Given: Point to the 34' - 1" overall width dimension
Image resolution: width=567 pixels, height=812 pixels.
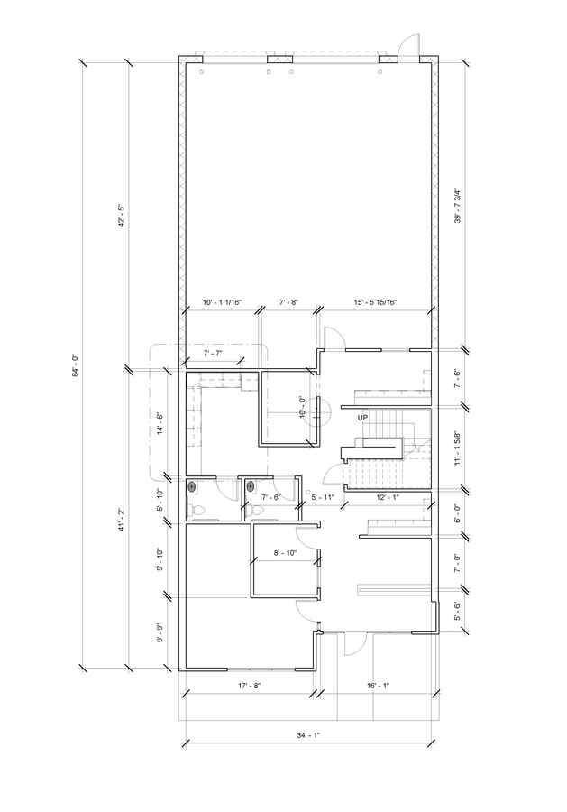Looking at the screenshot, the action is (x=308, y=735).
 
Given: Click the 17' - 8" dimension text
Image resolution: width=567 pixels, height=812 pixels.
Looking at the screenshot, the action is (x=249, y=686).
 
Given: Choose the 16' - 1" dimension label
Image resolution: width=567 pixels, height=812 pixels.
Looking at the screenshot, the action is (x=378, y=686).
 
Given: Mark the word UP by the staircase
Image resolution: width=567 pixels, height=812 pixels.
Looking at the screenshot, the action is (x=362, y=418).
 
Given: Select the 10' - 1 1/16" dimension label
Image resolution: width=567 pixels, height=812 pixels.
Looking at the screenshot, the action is (x=221, y=302).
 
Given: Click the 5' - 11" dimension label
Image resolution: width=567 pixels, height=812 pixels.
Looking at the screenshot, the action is (x=323, y=497).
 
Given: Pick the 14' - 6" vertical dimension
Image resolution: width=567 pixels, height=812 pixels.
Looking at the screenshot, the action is (x=160, y=424).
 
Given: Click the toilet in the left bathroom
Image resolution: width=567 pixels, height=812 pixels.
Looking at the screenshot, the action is (x=199, y=511).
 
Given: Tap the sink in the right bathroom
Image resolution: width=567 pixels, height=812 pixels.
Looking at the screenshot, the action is (x=250, y=487).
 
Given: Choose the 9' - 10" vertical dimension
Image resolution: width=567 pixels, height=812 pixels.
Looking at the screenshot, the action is (x=160, y=560).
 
